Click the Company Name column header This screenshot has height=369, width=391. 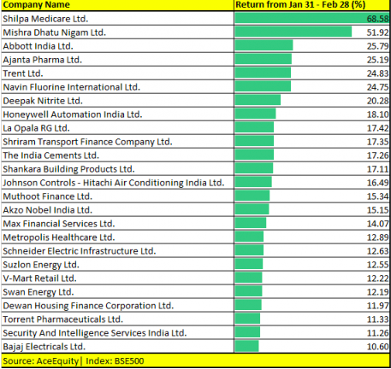click(x=36, y=5)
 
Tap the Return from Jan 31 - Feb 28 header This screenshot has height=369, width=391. click(x=300, y=5)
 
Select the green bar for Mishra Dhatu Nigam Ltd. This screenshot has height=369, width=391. click(x=293, y=32)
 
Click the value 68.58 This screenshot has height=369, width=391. click(x=377, y=19)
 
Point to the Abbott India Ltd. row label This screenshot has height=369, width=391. click(x=38, y=46)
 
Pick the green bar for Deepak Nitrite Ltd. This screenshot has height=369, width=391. click(x=258, y=100)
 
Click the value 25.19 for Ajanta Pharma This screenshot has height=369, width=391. click(x=377, y=60)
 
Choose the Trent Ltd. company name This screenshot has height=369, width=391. click(x=23, y=73)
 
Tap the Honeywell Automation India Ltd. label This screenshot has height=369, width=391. click(x=73, y=114)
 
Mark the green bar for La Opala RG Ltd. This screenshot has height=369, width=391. click(x=254, y=127)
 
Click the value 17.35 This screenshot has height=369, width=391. click(x=377, y=142)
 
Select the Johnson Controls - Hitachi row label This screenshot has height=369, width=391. click(x=114, y=183)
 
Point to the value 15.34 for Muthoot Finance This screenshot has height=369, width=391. click(x=377, y=196)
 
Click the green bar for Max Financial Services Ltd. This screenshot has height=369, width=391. click(x=251, y=223)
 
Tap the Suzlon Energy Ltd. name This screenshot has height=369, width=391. click(x=41, y=265)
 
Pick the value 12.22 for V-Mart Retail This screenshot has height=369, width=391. click(x=377, y=278)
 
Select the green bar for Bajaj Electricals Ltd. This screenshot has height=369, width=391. click(x=246, y=346)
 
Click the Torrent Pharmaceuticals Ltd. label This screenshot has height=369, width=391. click(x=62, y=319)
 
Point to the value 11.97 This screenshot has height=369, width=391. click(x=377, y=306)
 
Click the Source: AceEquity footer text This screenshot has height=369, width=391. click(x=40, y=361)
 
